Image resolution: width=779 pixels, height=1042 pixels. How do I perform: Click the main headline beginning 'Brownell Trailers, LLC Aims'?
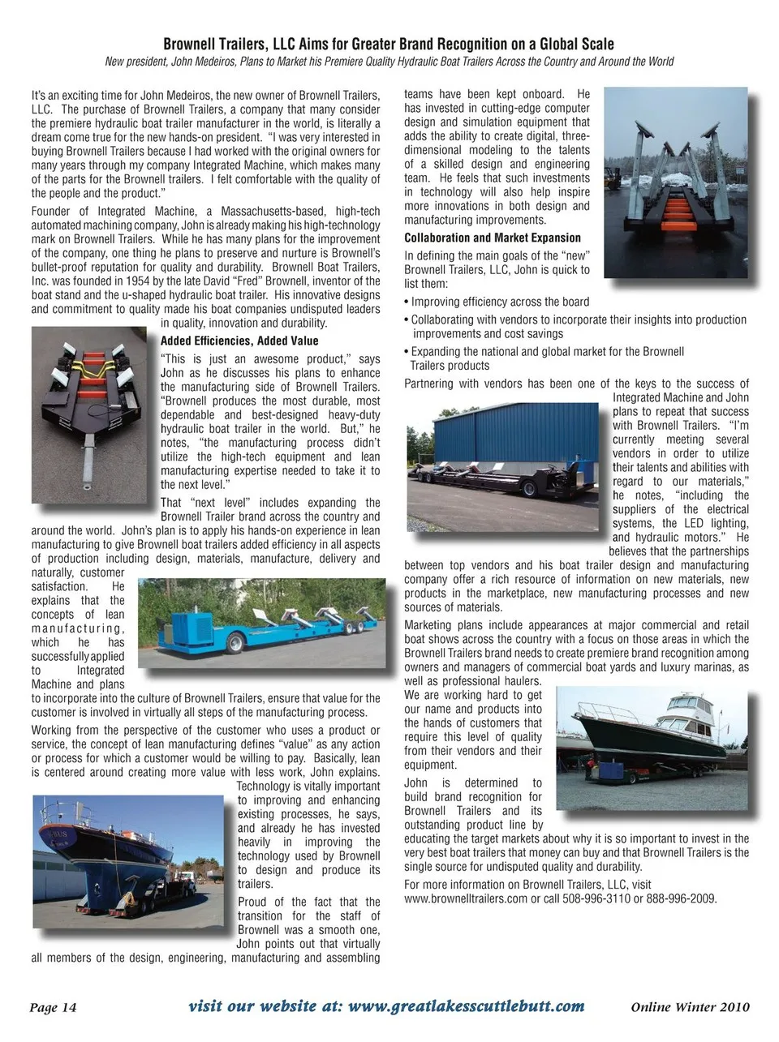(389, 44)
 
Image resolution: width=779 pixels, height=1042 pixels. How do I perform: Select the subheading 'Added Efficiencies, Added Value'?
(239, 341)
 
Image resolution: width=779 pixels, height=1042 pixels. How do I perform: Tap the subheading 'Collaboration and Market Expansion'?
(493, 238)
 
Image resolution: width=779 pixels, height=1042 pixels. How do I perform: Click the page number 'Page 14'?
(53, 1007)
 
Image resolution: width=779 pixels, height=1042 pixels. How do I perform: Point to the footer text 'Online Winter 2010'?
(690, 1007)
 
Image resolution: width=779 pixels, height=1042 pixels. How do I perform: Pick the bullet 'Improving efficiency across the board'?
(497, 301)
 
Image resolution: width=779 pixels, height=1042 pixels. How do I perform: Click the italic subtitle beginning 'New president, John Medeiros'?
(389, 62)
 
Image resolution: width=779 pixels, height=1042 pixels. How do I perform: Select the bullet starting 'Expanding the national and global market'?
(544, 358)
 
